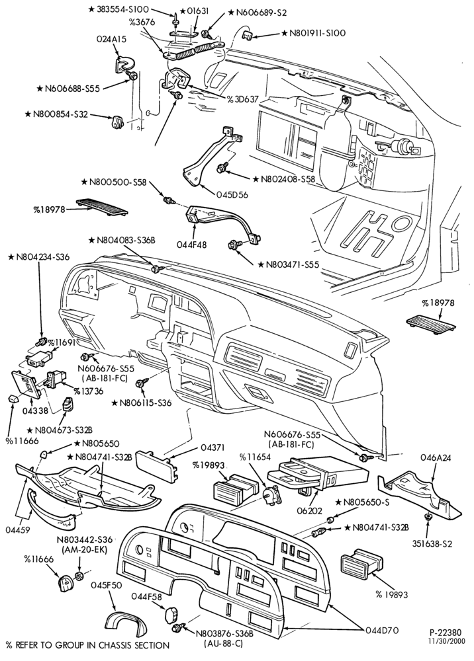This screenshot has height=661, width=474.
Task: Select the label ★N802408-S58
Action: tap(283, 178)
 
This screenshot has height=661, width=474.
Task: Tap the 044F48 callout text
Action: tap(192, 244)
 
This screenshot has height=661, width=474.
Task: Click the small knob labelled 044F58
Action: tap(171, 614)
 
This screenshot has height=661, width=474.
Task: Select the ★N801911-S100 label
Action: tap(314, 32)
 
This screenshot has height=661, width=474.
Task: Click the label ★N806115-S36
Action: tap(142, 403)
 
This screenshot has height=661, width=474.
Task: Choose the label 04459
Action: tap(18, 529)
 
